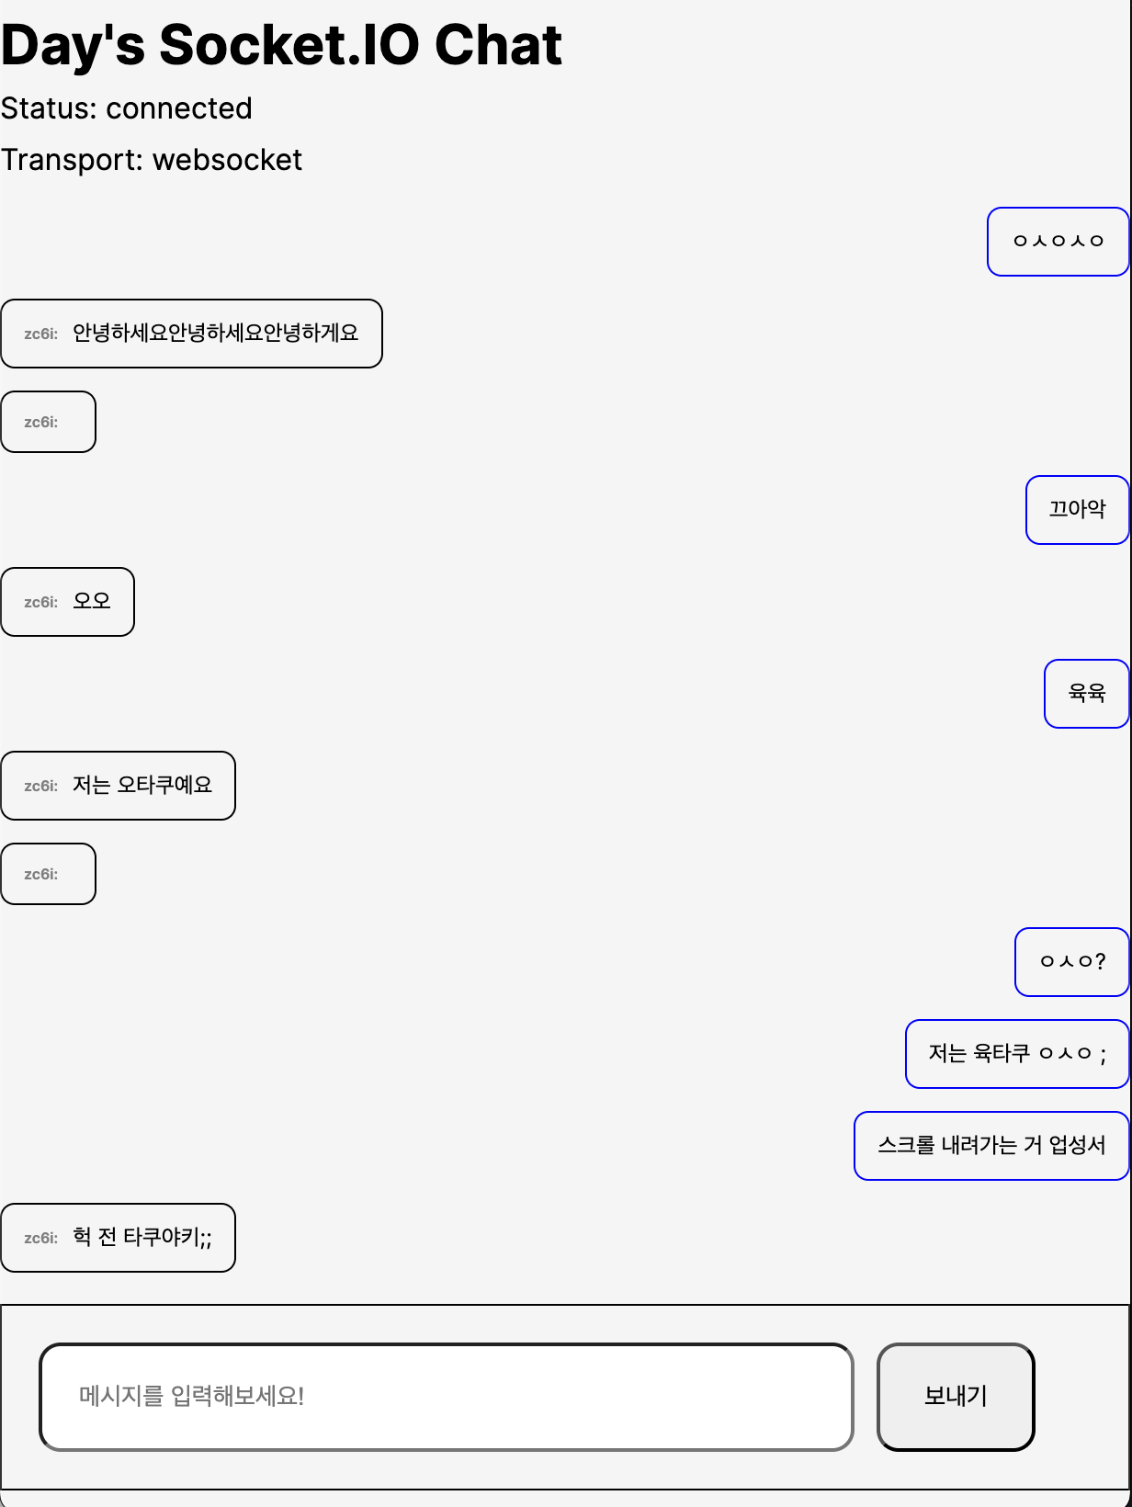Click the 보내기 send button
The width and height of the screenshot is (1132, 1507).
pos(956,1397)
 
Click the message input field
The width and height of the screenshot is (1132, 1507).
pos(447,1397)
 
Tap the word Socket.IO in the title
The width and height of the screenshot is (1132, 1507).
pos(289,45)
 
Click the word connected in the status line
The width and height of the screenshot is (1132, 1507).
pos(178,108)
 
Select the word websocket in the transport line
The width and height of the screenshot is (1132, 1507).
pos(227,160)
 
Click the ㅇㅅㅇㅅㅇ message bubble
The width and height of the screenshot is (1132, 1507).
pos(1058,242)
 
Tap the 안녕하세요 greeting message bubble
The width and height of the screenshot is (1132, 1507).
pos(191,334)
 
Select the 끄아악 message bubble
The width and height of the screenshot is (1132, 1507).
pos(1077,510)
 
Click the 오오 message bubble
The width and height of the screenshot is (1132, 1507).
pos(68,602)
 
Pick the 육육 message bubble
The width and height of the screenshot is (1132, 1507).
pos(1086,694)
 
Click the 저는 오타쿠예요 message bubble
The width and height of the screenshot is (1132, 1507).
pos(118,786)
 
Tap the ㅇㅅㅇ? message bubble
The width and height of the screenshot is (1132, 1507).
pos(1071,962)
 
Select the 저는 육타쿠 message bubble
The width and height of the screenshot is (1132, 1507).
pos(1017,1054)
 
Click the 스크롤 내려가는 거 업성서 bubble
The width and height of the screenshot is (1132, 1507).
pos(991,1146)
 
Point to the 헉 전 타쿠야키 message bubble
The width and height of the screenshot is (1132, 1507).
pos(118,1238)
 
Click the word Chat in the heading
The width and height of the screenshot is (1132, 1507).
pos(498,45)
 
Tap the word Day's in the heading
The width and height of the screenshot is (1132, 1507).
pos(73,45)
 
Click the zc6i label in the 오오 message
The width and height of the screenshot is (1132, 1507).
pos(40,603)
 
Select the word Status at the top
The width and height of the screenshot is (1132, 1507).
pos(48,108)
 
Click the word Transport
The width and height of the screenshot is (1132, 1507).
pos(71,160)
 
